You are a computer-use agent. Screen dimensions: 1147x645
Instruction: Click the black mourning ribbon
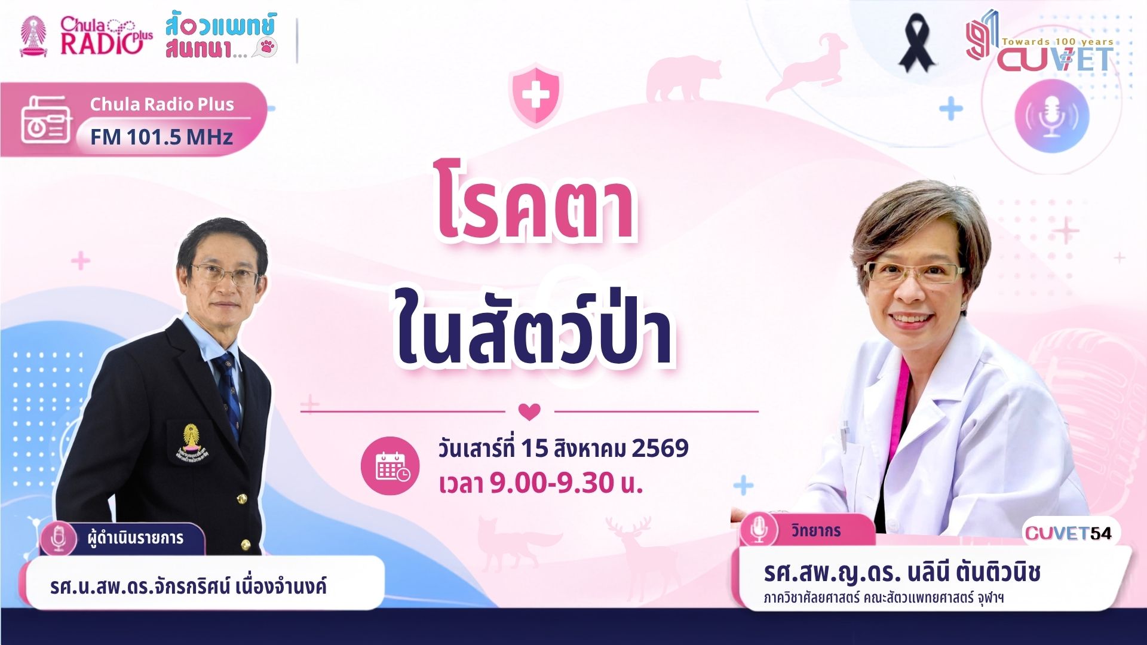pyautogui.click(x=917, y=43)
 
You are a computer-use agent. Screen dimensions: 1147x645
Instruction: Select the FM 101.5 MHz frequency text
pyautogui.click(x=161, y=137)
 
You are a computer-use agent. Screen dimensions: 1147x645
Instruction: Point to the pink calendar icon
pyautogui.click(x=390, y=466)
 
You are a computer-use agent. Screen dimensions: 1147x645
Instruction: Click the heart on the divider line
pyautogui.click(x=529, y=411)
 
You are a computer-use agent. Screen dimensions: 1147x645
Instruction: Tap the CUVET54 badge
pyautogui.click(x=1069, y=533)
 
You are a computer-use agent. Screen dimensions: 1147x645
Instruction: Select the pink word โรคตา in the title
pyautogui.click(x=535, y=202)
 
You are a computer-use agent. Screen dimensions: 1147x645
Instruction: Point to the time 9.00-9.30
pyautogui.click(x=543, y=483)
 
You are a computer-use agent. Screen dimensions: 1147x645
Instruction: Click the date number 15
pyautogui.click(x=534, y=449)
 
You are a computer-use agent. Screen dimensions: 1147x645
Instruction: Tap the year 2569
pyautogui.click(x=660, y=448)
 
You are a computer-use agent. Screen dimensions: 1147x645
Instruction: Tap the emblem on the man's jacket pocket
pyautogui.click(x=191, y=442)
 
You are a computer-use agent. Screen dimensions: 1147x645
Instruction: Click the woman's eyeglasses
pyautogui.click(x=914, y=272)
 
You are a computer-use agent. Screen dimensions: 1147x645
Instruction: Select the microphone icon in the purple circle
pyautogui.click(x=1051, y=116)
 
